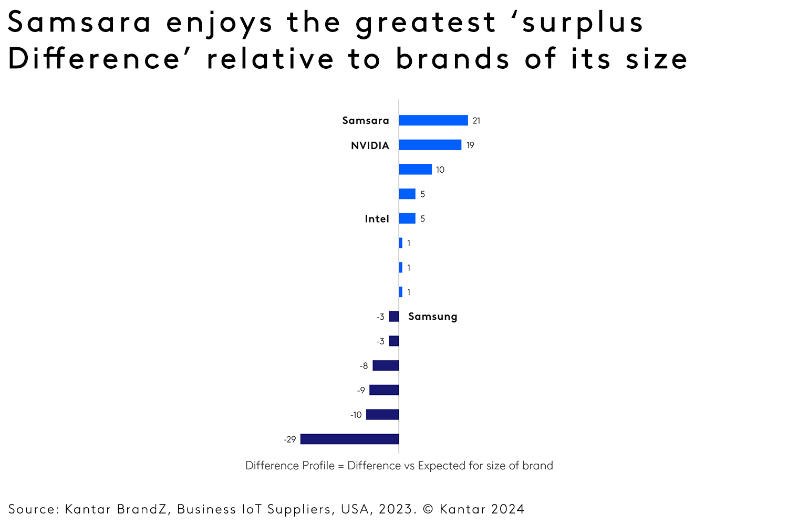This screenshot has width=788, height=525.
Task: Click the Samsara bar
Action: point(433,120)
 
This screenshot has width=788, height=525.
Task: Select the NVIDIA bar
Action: point(430,145)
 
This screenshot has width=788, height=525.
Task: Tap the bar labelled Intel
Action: point(407,218)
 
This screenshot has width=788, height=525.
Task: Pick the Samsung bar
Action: point(394,317)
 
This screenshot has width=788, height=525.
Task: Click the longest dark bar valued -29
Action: point(349,439)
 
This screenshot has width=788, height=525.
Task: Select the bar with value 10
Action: point(415,170)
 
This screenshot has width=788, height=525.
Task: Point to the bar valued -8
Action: point(386,365)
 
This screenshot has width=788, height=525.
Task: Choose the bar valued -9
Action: point(384,390)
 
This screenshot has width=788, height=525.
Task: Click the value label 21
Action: point(476,121)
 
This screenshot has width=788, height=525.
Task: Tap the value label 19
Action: point(470,145)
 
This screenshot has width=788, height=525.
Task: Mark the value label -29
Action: point(290,439)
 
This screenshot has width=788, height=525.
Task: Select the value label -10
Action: point(356,415)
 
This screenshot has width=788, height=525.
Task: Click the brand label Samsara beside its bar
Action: point(366,121)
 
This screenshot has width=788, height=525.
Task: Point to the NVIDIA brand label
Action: point(370,145)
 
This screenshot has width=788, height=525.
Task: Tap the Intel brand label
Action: point(377,219)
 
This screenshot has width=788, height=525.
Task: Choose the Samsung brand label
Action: point(432,317)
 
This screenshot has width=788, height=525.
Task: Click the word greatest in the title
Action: point(426,24)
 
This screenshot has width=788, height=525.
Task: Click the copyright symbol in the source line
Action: point(428,509)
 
